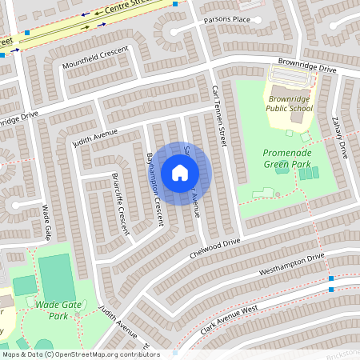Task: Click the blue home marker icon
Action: (x=180, y=173)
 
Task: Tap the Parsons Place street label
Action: (x=226, y=20)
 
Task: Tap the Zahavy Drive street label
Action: (x=342, y=136)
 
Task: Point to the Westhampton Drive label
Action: (x=292, y=266)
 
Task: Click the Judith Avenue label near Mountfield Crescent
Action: (x=94, y=138)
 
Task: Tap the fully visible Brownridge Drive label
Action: (x=306, y=66)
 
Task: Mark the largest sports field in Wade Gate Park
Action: (x=56, y=276)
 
